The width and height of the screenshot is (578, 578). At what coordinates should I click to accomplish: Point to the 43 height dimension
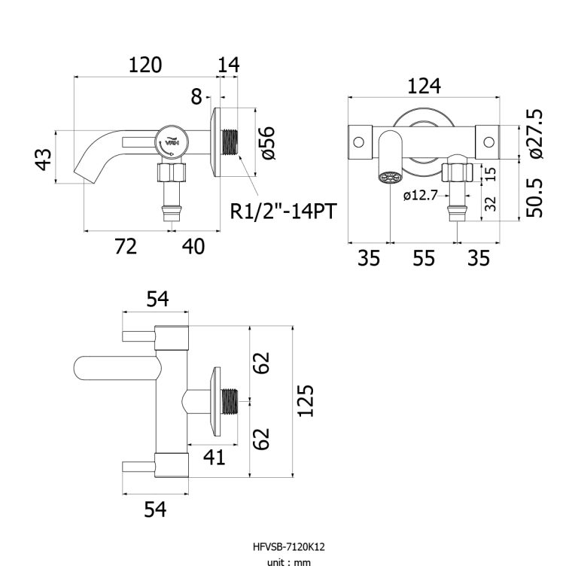pyautogui.click(x=44, y=159)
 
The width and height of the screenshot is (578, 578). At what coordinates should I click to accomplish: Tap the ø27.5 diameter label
pyautogui.click(x=535, y=133)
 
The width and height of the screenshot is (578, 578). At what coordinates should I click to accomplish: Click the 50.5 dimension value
pyautogui.click(x=535, y=197)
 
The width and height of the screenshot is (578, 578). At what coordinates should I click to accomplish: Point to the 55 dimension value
pyautogui.click(x=424, y=258)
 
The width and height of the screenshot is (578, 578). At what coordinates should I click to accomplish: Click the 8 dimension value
pyautogui.click(x=196, y=96)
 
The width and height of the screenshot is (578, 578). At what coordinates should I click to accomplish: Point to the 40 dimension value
pyautogui.click(x=193, y=247)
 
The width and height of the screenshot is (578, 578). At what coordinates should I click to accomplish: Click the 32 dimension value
pyautogui.click(x=490, y=202)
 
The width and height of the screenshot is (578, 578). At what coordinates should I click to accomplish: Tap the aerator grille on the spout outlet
pyautogui.click(x=390, y=179)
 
